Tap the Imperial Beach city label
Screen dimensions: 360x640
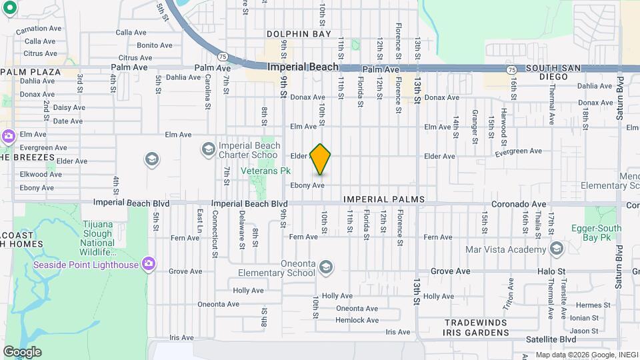[x=303, y=67]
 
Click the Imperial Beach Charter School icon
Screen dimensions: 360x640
[x=209, y=148]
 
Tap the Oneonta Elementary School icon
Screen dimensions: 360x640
[x=325, y=268]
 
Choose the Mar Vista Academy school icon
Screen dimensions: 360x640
[x=557, y=249]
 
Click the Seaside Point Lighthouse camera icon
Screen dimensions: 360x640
[x=149, y=265]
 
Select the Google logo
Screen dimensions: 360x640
[x=22, y=352]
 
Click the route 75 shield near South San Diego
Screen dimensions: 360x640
[x=511, y=69]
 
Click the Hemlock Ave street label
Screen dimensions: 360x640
[x=357, y=320]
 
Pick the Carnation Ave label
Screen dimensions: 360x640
[x=38, y=30]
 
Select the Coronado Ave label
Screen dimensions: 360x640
[x=519, y=204]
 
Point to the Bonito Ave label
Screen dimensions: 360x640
[x=155, y=45]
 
